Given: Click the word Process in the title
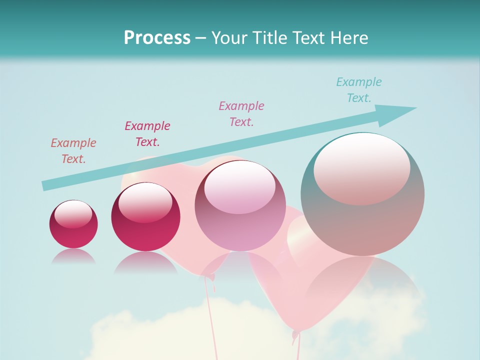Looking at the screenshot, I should (x=157, y=38).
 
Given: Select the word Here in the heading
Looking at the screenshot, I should (x=349, y=38).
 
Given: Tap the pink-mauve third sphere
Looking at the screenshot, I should (x=240, y=220).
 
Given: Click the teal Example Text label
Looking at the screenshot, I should (x=358, y=90).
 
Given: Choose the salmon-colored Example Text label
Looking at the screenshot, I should (x=73, y=150).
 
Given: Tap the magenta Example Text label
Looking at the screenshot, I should (x=147, y=133).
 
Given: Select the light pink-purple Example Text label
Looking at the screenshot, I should (x=241, y=113).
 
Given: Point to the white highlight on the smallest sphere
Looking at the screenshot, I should (x=73, y=213).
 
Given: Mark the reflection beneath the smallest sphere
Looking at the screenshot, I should (x=73, y=256).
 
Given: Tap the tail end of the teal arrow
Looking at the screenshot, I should (x=46, y=185).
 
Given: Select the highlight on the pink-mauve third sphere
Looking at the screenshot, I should (x=240, y=186).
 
